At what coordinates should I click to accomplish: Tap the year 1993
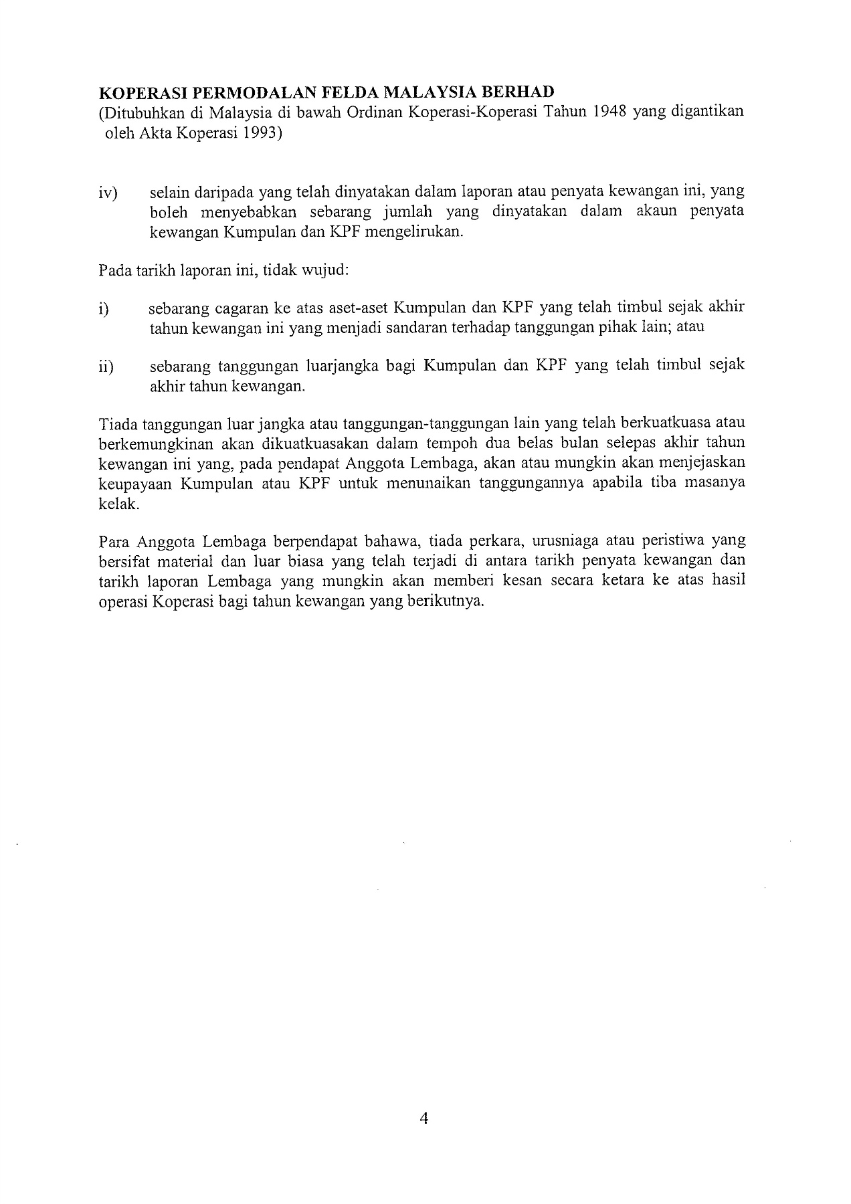click(258, 132)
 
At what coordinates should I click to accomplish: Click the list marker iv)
click(106, 193)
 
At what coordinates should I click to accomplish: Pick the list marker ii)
click(106, 367)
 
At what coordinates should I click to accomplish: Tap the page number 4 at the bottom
click(424, 1118)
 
